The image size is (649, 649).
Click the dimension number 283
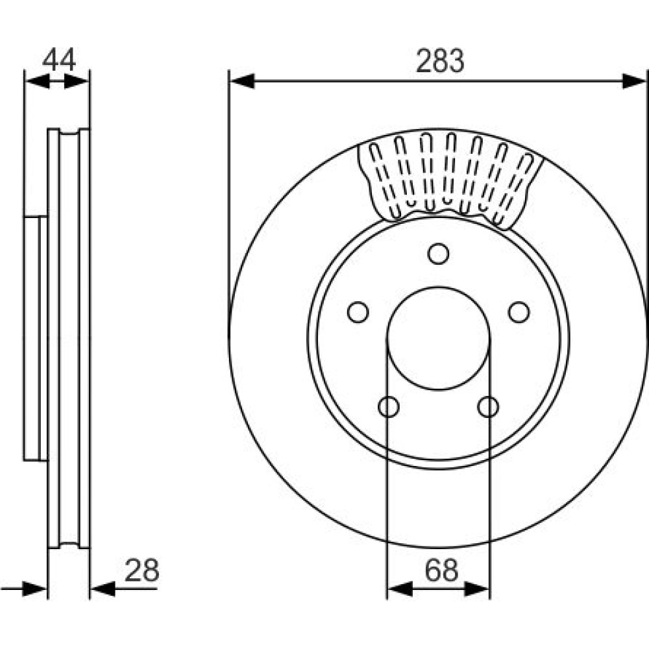[440, 60]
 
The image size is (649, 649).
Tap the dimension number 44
[59, 60]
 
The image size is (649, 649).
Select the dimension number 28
[141, 570]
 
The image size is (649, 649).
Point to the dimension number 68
[441, 570]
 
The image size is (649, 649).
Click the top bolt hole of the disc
[438, 254]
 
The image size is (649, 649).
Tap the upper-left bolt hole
[358, 312]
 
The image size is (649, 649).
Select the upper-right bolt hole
[519, 312]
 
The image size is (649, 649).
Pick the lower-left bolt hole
[389, 406]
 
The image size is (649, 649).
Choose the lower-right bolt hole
[488, 406]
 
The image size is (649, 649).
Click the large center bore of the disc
[438, 338]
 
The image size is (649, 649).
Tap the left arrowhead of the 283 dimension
[242, 81]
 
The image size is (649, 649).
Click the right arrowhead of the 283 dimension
[635, 81]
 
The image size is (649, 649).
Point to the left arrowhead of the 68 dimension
[400, 589]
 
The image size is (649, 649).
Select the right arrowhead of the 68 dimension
[477, 589]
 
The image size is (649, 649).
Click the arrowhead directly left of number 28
[103, 589]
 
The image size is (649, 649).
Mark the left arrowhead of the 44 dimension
[37, 81]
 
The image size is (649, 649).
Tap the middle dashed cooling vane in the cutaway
[449, 169]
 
